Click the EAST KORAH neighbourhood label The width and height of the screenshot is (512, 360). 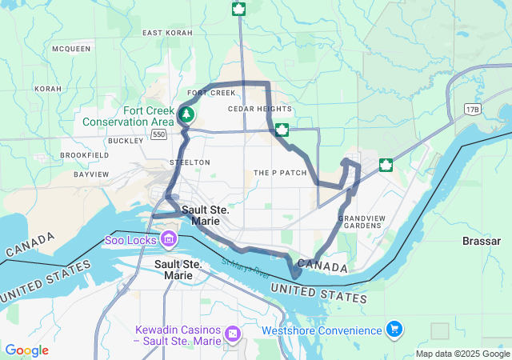pyautogui.click(x=169, y=33)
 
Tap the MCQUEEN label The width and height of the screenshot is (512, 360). pyautogui.click(x=71, y=49)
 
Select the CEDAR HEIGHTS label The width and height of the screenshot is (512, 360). pyautogui.click(x=259, y=109)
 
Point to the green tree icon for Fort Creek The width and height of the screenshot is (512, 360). pyautogui.click(x=186, y=114)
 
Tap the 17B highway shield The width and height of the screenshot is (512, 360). pyautogui.click(x=470, y=109)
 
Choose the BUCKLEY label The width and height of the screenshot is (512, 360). pyautogui.click(x=126, y=140)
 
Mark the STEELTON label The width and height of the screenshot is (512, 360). pyautogui.click(x=190, y=162)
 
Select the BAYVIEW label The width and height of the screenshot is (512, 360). pyautogui.click(x=91, y=174)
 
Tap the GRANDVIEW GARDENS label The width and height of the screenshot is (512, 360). pyautogui.click(x=360, y=222)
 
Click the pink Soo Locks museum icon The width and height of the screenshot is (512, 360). pyautogui.click(x=169, y=238)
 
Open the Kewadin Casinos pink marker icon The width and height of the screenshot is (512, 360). pyautogui.click(x=232, y=332)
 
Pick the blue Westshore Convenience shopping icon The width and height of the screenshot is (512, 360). pyautogui.click(x=394, y=329)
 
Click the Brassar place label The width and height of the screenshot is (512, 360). pyautogui.click(x=482, y=240)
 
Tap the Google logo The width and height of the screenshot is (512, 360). pyautogui.click(x=26, y=350)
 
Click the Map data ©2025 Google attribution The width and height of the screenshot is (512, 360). pyautogui.click(x=462, y=354)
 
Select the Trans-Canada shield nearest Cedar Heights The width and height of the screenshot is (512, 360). pyautogui.click(x=282, y=130)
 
